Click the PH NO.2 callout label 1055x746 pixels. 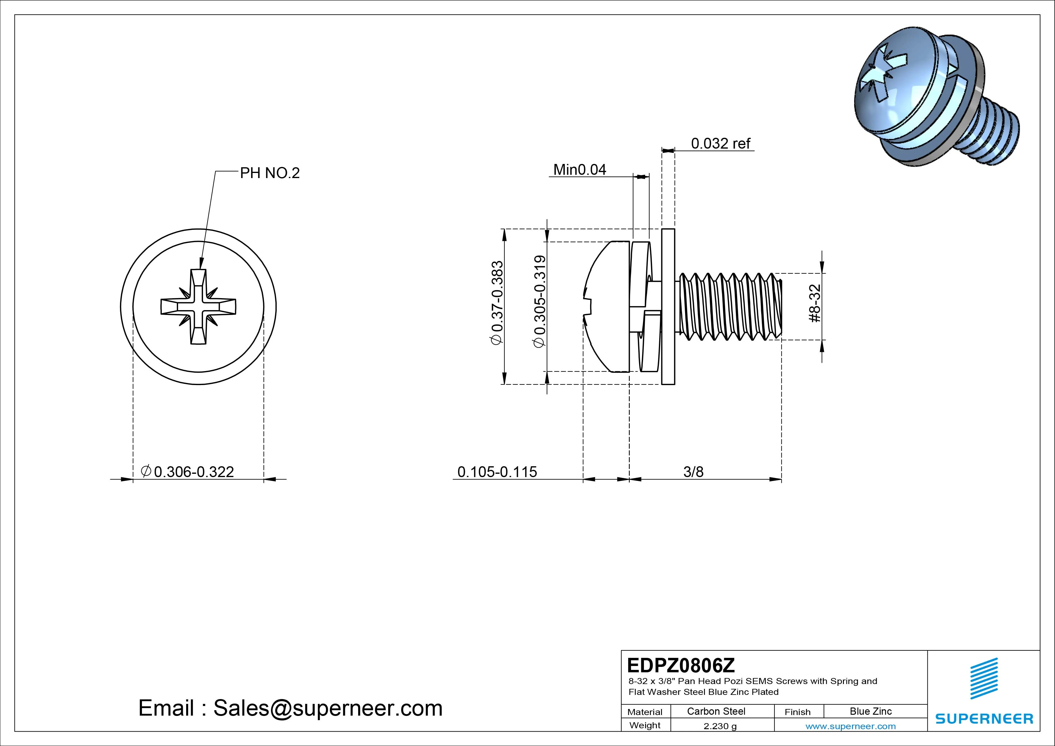(270, 173)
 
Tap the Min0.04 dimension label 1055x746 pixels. (580, 170)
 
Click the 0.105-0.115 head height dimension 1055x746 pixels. (497, 472)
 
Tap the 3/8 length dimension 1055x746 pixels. (693, 472)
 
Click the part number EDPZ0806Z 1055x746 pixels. (681, 665)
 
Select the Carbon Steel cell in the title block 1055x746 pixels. (716, 711)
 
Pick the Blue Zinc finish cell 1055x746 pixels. (870, 711)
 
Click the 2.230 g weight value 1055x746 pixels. (720, 726)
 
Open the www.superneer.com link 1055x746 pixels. (850, 726)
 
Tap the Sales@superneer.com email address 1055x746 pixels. (328, 708)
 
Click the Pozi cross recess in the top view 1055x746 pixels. (198, 307)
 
